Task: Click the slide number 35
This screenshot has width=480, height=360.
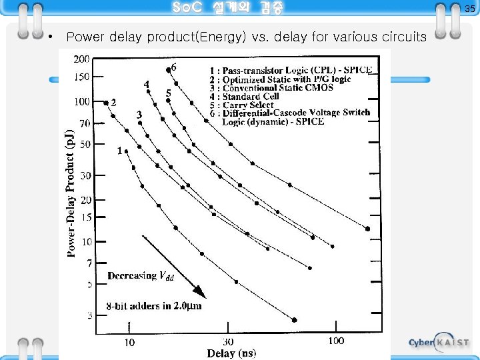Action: coord(469,8)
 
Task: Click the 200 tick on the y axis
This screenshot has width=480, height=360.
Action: coord(81,59)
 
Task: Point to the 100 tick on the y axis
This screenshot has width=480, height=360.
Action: coord(81,102)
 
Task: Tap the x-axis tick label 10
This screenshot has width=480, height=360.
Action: coord(129,342)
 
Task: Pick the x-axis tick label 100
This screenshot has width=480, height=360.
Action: coord(337,341)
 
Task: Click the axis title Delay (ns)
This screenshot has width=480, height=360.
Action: coord(231,353)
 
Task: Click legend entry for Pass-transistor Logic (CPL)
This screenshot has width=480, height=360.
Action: coord(291,69)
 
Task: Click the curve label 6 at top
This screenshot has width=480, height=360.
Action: coord(174,67)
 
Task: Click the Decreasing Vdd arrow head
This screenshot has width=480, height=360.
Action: coord(201,294)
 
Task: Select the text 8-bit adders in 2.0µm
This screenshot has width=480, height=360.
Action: coord(153,307)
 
